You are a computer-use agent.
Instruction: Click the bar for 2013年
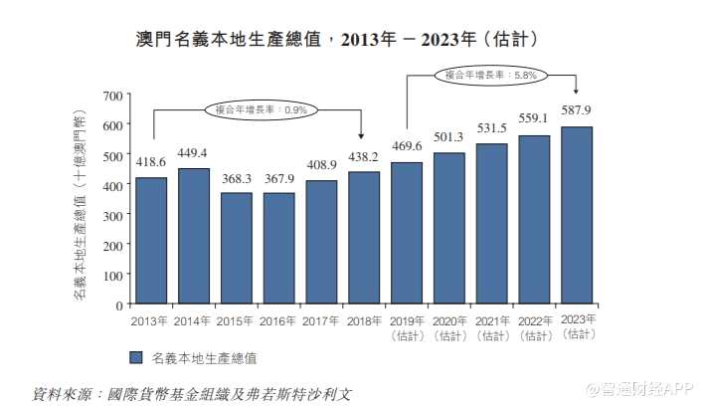(151, 241)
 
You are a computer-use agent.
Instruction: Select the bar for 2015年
(236, 248)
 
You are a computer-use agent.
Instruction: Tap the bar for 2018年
(363, 238)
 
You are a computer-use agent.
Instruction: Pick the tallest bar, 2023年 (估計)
(576, 215)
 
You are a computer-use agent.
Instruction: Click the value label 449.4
(193, 153)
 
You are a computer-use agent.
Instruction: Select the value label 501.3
(448, 137)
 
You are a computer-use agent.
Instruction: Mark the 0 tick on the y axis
(117, 305)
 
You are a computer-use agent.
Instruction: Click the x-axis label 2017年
(320, 321)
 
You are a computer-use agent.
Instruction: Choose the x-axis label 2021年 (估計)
(491, 327)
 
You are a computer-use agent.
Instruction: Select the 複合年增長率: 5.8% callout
(491, 74)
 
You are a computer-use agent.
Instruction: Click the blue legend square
(136, 355)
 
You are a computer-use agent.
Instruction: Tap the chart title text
(338, 40)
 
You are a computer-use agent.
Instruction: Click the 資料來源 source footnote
(191, 393)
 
